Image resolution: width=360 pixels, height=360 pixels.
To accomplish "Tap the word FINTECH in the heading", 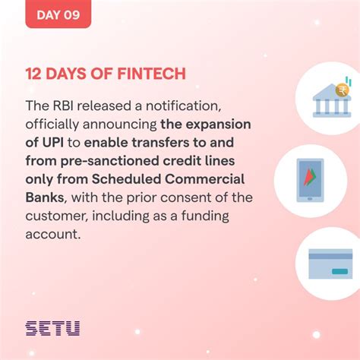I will tap(153, 74).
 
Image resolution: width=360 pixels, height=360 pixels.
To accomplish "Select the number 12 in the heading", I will tap(35, 74).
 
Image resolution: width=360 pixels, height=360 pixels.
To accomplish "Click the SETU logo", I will tap(52, 328).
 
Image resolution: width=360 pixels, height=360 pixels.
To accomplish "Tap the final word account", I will tap(53, 234).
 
